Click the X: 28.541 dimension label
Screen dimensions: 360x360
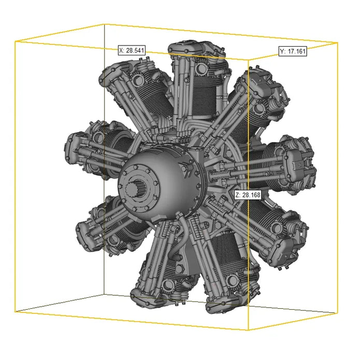[132, 50]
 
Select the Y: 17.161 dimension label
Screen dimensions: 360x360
[293, 51]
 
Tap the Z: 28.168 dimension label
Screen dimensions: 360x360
[248, 195]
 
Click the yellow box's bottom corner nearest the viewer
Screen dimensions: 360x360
[248, 330]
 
